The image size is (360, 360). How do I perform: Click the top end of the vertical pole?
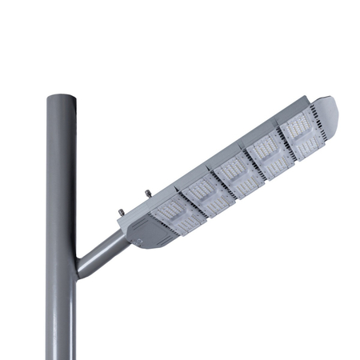tap(61, 97)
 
